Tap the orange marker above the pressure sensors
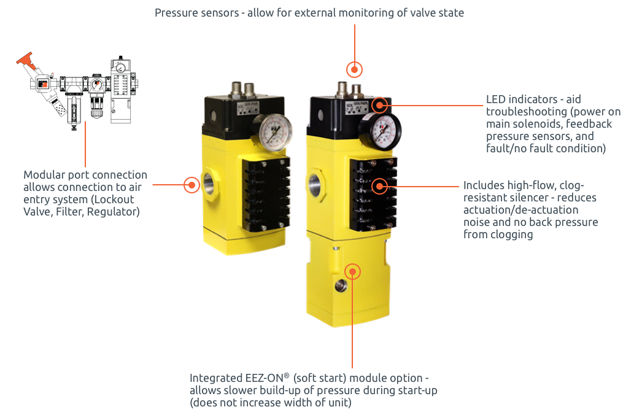click(355, 69)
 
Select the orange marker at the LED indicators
click(380, 106)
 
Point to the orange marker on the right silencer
click(380, 187)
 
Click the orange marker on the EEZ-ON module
click(352, 271)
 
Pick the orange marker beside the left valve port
click(191, 185)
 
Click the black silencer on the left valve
click(266, 195)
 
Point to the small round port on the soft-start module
click(341, 286)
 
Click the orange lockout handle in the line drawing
click(26, 60)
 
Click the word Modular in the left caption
click(44, 175)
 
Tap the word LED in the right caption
click(496, 99)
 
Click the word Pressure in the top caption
click(176, 13)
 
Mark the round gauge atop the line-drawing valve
click(120, 68)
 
